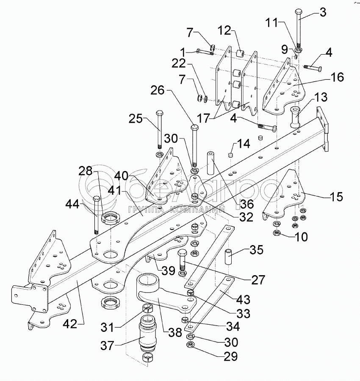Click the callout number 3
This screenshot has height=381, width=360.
323,12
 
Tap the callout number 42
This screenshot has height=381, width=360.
70,324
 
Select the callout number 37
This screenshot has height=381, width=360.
108,345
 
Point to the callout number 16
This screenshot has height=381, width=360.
337,77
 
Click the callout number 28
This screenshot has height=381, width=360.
85,171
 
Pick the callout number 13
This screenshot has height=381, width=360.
321,97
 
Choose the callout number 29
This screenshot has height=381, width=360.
230,356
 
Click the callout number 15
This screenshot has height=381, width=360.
336,196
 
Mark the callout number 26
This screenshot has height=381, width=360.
158,91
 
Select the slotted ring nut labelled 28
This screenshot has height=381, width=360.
111,218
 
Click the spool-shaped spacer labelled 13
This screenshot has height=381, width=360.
296,117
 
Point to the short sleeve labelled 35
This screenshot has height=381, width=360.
229,257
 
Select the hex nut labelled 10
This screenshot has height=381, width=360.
277,233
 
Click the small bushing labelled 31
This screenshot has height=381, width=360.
147,308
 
